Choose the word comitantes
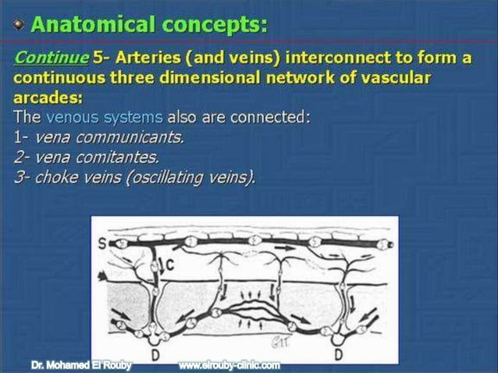point(126,157)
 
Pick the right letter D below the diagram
point(338,354)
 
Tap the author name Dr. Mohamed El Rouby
point(81,365)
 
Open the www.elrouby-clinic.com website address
point(229,365)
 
